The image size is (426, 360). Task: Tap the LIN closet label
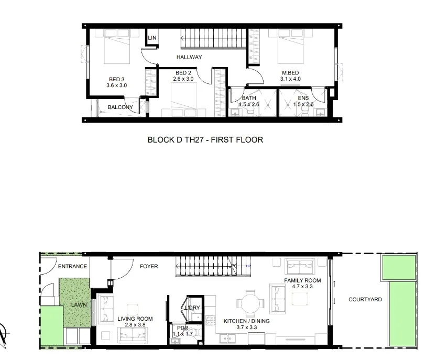point(152,38)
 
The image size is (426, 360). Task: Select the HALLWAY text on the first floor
point(189,57)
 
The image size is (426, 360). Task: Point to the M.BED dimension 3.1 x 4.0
point(290,79)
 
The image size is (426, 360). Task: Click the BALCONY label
point(120,107)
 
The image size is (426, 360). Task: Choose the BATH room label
point(248,98)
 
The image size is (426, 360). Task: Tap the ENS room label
point(303,98)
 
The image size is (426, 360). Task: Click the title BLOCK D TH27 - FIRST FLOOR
point(205,140)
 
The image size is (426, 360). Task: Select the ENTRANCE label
point(72,267)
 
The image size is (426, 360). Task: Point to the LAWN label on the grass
point(79,303)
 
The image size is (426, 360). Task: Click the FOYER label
point(149,267)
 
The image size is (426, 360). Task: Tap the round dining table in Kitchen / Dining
point(246,303)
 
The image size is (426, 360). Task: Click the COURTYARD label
point(365,300)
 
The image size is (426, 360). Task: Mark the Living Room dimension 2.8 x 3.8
point(135,325)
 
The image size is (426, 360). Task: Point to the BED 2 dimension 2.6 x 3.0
point(184,79)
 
